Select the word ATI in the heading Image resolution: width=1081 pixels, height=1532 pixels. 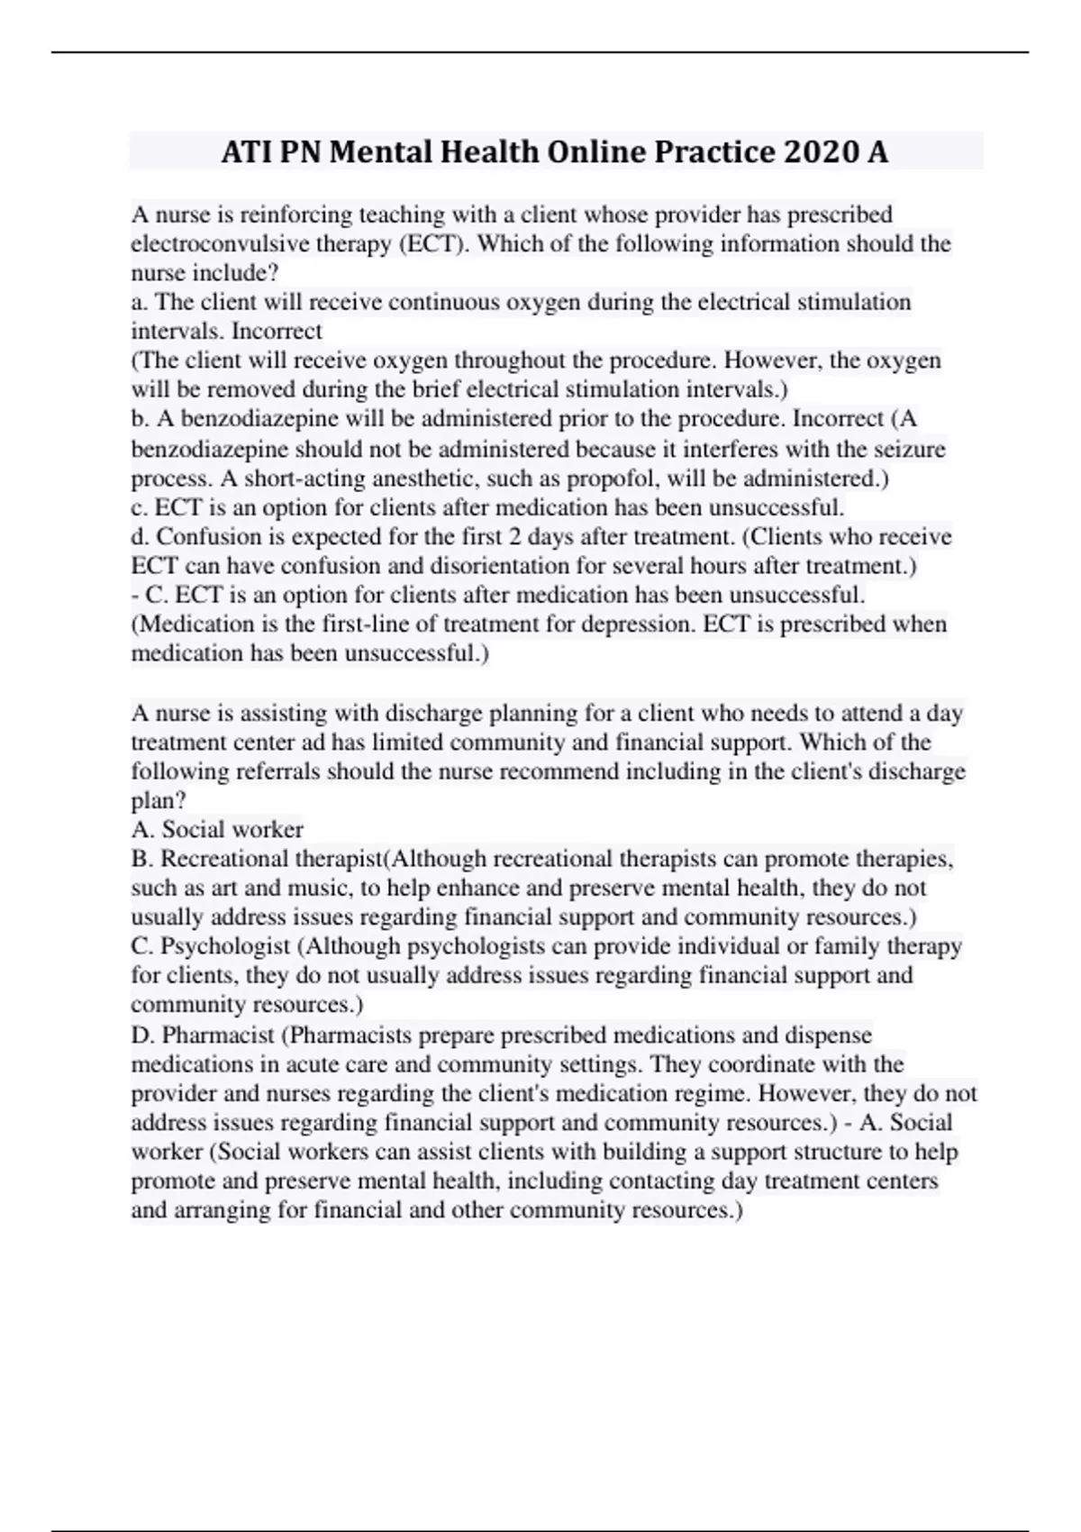247,151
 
